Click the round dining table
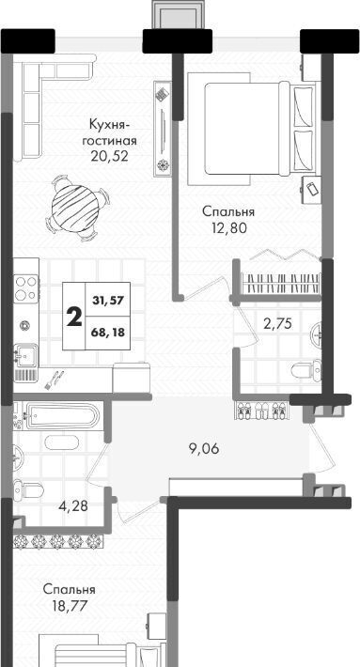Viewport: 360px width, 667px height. tap(74, 209)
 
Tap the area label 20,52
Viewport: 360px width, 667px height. tap(109, 157)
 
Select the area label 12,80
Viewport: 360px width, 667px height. tap(229, 229)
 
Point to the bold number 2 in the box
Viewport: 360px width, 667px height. tap(74, 317)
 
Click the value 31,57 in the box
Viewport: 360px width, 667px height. tap(108, 301)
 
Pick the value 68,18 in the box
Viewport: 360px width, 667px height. tap(108, 333)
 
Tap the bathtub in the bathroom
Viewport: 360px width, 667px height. tap(63, 415)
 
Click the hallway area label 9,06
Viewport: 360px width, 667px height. tap(205, 448)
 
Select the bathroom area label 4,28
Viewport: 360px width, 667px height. tap(73, 506)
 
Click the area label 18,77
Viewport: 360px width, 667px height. tap(69, 605)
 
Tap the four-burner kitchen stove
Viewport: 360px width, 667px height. tap(25, 288)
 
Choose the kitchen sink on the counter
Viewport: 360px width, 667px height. tap(26, 355)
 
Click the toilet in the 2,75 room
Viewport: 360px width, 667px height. tap(306, 369)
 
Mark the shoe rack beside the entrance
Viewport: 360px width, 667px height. tap(261, 411)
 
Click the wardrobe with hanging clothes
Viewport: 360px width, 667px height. tap(280, 283)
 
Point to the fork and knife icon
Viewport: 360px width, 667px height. tap(54, 380)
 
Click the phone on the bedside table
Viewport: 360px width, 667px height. tap(313, 188)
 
